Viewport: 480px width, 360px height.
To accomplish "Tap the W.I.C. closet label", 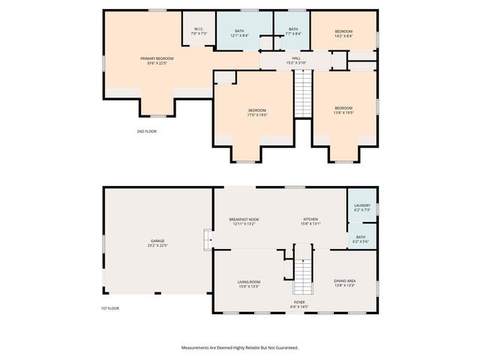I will [198, 32].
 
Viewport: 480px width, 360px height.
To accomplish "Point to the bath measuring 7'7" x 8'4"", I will [293, 31].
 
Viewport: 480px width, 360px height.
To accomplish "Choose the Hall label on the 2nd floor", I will [296, 60].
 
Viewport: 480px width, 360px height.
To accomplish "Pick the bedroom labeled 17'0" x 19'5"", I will [257, 112].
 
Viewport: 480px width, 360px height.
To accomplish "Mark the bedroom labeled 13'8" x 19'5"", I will [343, 110].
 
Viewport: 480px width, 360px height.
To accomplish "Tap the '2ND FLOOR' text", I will [146, 131].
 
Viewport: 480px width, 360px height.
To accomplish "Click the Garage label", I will [157, 243].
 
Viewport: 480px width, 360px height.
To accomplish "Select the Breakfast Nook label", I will [244, 221].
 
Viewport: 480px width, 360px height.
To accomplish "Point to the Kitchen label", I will [310, 221].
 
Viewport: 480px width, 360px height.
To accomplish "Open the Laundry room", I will [361, 207].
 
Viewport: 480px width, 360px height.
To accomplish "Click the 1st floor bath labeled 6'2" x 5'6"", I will [361, 239].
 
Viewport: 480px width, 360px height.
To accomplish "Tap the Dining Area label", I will [344, 283].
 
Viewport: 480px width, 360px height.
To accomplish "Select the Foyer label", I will [299, 305].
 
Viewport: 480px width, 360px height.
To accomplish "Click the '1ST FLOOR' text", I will [110, 308].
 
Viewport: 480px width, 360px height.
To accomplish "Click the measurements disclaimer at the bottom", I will [240, 347].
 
